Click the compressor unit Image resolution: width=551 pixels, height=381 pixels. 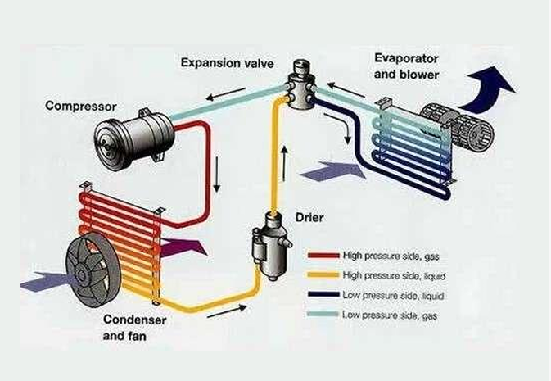coord(133,138)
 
